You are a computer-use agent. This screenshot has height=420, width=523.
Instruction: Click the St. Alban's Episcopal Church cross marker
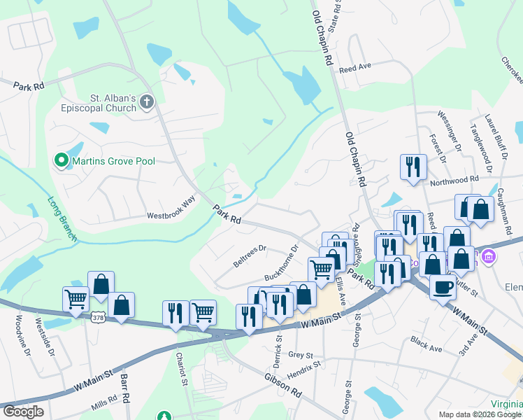pos(147,102)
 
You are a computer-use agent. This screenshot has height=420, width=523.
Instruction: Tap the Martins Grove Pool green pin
pos(62,161)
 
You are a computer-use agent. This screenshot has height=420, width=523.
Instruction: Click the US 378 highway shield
pos(97,318)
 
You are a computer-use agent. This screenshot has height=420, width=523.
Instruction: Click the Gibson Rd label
pos(282,386)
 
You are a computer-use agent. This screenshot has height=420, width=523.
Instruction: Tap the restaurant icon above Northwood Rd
pos(413,167)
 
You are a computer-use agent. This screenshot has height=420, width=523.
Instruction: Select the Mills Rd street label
pos(104,405)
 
